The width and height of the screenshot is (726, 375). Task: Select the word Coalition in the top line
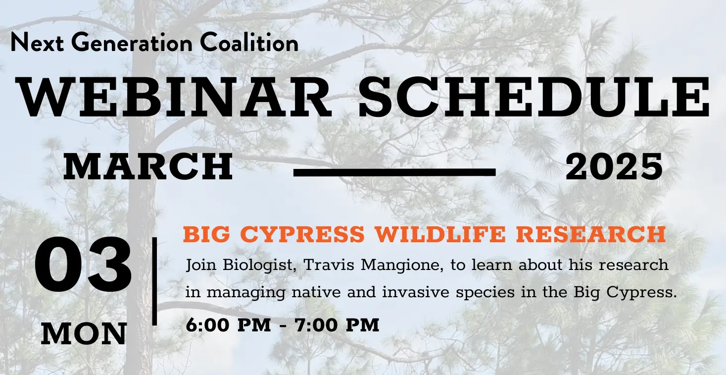coord(249,43)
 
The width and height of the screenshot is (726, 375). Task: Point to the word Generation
coord(132,43)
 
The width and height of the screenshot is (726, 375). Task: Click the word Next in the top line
coord(37,43)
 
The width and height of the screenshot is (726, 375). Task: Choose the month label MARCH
coord(148,167)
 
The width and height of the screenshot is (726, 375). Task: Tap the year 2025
coord(614,167)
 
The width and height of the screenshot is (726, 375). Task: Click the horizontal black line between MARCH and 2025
coord(394,172)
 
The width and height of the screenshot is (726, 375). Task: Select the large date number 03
coord(83,265)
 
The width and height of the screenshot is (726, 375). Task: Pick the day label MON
coord(84,334)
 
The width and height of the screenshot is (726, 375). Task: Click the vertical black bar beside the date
coord(154,281)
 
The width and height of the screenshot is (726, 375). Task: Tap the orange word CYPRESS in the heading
coord(302,234)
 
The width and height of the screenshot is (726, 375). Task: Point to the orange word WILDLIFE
coord(440,234)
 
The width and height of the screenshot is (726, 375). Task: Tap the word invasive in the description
coord(416,292)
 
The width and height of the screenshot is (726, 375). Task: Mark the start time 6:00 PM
coord(228,324)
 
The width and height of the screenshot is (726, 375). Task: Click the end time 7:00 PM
coord(337,324)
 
